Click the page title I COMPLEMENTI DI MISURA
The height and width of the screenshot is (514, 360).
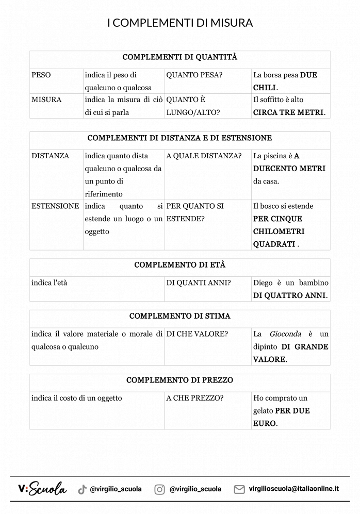coord(180,23)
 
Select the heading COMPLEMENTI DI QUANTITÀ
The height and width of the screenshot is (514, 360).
coord(180,57)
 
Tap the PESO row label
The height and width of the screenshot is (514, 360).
coord(41,75)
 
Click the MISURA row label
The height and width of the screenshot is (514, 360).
coord(46,100)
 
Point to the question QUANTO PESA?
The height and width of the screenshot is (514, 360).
coord(194,75)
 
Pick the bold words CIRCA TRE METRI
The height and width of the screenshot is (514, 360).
coord(288,112)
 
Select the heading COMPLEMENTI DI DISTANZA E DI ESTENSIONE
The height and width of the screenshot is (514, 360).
coord(180,138)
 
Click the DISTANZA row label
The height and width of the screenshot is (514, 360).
coord(50,156)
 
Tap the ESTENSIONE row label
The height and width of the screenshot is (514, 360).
coord(55,206)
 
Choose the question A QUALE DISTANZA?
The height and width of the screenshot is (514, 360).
coord(204,156)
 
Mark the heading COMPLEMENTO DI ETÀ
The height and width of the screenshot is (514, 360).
coord(180,265)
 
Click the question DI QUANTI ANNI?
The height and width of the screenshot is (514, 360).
coord(199,283)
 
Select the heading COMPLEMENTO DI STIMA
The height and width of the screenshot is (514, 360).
coord(180,316)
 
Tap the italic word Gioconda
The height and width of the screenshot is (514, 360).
coord(285,334)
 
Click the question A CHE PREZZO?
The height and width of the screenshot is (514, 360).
coord(195,398)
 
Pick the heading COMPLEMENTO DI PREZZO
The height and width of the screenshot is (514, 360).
coord(180,380)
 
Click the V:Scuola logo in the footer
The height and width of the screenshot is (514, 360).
coord(42,489)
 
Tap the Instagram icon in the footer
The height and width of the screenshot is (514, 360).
coord(160,489)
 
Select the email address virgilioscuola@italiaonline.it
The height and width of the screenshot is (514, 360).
coord(293,489)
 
